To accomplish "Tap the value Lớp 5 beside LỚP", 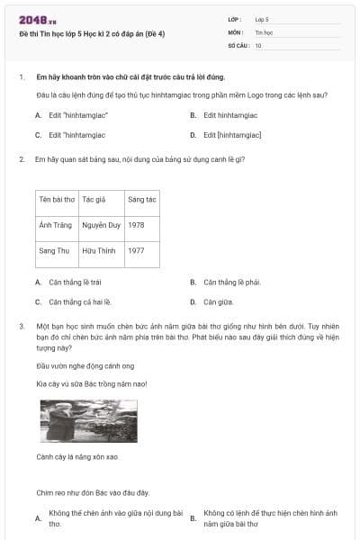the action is point(262,19).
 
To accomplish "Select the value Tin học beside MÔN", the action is point(264,31).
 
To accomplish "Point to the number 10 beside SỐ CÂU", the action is point(258,44).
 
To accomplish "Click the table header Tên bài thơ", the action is point(57,198).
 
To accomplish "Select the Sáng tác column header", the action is point(141,198).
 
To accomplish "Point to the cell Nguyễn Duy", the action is point(101,224).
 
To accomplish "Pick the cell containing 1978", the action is point(137,224).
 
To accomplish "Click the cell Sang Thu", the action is point(54,250).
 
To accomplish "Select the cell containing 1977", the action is point(137,250).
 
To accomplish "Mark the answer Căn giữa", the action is point(219,302).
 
